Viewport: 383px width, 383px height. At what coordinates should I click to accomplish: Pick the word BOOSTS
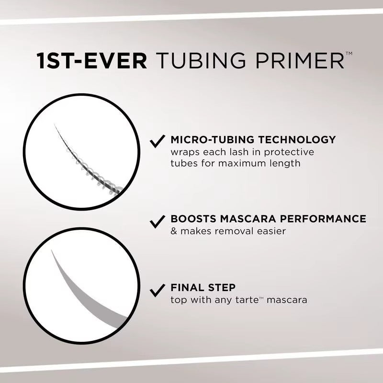[x=192, y=219]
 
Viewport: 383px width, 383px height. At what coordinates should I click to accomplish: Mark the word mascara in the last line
[x=287, y=301]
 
